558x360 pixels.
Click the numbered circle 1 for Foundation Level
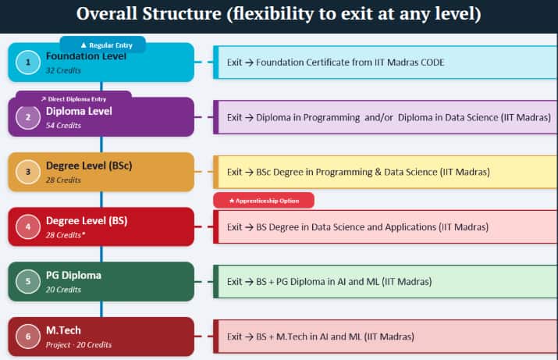coord(28,62)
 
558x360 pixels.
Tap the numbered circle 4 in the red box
coord(28,226)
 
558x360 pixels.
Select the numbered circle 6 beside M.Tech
coord(28,337)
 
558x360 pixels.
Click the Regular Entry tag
coord(103,45)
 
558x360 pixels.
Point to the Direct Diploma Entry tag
coord(73,98)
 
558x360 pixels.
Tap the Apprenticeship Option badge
coord(264,201)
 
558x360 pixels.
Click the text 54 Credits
coord(63,126)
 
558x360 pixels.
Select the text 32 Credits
coord(63,70)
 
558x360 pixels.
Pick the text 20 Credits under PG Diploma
coord(63,290)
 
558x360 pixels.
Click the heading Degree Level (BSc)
coord(89,166)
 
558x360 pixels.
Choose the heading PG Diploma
coord(73,275)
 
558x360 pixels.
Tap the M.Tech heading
coord(63,330)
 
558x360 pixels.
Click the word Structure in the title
coord(182,14)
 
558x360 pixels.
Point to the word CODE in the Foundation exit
coord(432,62)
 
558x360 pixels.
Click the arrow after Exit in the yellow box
coord(249,173)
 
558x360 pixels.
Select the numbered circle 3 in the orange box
coord(28,172)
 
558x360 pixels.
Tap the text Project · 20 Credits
coord(79,344)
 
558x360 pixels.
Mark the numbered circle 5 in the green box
coord(28,282)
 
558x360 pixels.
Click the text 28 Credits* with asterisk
coord(66,235)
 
